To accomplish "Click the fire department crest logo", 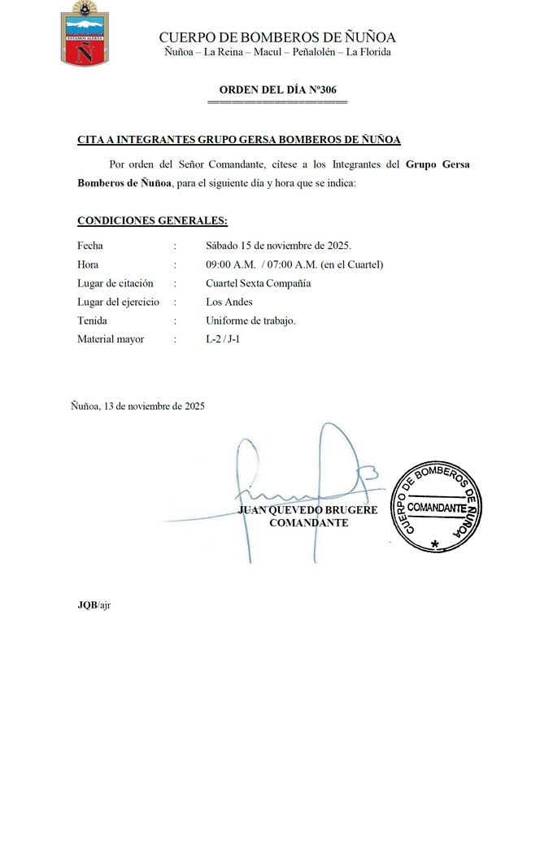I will (x=85, y=34).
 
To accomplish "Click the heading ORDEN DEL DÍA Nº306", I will (x=277, y=89).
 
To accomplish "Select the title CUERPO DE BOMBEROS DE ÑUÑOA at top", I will (x=277, y=37).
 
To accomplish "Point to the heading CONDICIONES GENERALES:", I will (x=152, y=220).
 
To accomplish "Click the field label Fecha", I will (x=90, y=246).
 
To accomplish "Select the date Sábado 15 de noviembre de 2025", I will (x=278, y=246).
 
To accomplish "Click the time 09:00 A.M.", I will (x=230, y=264).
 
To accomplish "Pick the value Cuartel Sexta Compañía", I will (x=258, y=283).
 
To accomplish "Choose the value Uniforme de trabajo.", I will (x=250, y=321).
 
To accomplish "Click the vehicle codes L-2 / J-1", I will (x=222, y=339).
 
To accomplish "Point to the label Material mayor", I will (x=111, y=339).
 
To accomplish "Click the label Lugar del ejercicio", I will (x=117, y=302).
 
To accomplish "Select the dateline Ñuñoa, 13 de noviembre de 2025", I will (x=137, y=405).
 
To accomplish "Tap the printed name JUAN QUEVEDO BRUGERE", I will (x=308, y=510).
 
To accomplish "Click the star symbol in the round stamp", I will (x=436, y=543).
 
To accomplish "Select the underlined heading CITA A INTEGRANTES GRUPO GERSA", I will (x=238, y=140).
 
